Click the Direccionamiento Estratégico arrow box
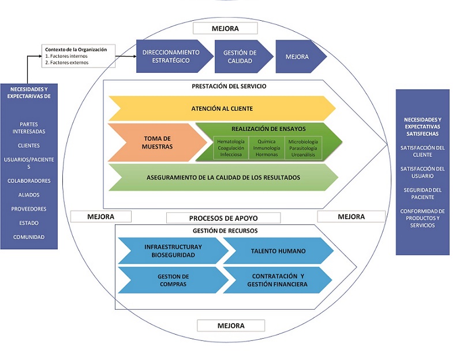(171, 56)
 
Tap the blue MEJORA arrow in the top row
(298, 57)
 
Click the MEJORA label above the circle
(225, 28)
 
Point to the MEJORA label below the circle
(230, 325)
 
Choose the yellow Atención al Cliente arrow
(222, 108)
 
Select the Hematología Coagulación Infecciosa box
(231, 148)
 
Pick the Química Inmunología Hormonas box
(266, 148)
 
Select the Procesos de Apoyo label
(223, 218)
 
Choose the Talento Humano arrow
(278, 251)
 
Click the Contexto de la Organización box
(78, 56)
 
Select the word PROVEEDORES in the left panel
(29, 209)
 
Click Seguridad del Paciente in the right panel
(423, 193)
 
